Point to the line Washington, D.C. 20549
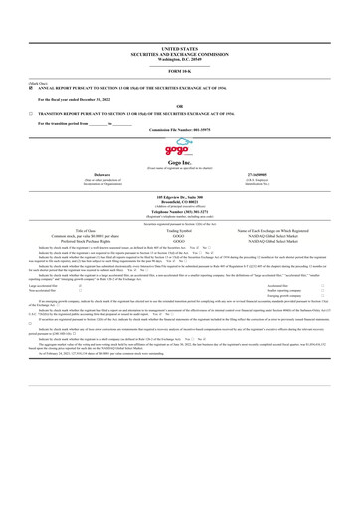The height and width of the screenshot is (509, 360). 179,60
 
